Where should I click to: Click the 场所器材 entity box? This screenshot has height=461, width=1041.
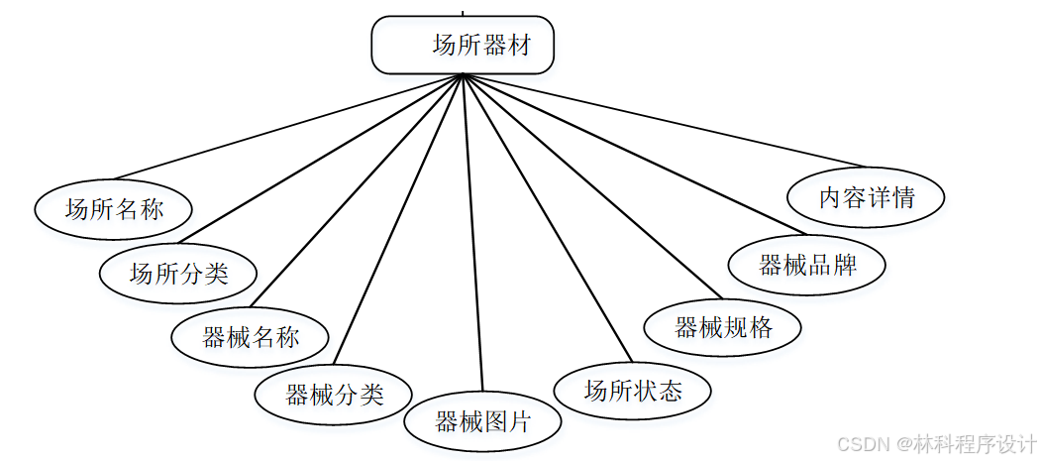coord(462,45)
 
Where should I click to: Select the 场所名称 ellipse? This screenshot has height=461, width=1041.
coord(114,209)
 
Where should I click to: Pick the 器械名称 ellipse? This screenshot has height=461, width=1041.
coord(250,337)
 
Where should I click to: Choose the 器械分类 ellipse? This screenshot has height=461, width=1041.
coord(334,395)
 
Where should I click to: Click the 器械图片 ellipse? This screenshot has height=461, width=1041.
coord(483,422)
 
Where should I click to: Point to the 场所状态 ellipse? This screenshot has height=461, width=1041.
coord(633,390)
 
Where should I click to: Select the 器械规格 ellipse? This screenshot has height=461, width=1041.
coord(723,327)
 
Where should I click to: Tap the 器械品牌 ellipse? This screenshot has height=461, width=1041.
coord(807,264)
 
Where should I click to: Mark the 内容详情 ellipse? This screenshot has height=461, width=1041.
coord(867,197)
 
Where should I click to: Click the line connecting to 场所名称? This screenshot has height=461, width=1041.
coord(287,128)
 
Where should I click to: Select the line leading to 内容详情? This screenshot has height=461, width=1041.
coord(664,120)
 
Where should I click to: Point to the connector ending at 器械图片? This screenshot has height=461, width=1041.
coord(472,233)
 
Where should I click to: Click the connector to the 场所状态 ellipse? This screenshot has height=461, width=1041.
coord(545,218)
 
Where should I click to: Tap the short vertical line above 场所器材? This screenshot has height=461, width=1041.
coord(463,8)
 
